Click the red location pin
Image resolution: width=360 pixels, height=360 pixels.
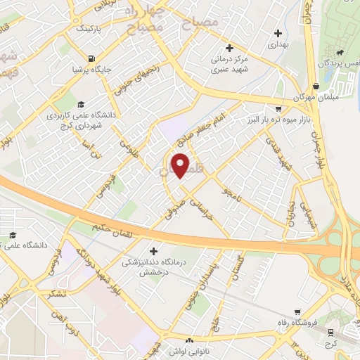(181, 165)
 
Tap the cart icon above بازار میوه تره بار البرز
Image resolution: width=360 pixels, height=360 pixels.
(278, 108)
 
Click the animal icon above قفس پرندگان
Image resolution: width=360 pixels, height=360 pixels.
(341, 52)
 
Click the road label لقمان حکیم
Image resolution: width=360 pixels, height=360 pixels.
(109, 229)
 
